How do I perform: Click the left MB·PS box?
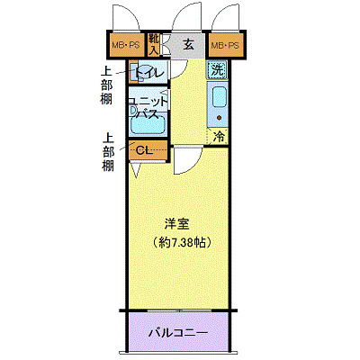pyautogui.click(x=124, y=44)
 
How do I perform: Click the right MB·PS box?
pyautogui.click(x=224, y=44)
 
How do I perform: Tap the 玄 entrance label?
pyautogui.click(x=187, y=43)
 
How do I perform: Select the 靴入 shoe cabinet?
pyautogui.click(x=155, y=42)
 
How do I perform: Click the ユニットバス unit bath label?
pyautogui.click(x=146, y=108)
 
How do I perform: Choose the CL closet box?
pyautogui.click(x=147, y=149)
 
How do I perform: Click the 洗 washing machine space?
pyautogui.click(x=218, y=70)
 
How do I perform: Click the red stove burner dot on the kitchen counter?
pyautogui.click(x=219, y=119)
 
